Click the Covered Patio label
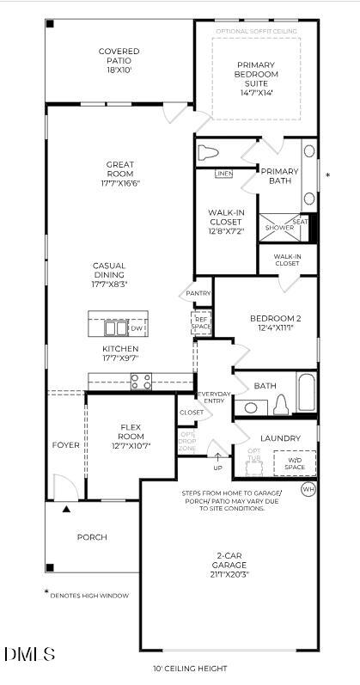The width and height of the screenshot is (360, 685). point(119,57)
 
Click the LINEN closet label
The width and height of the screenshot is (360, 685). point(223,174)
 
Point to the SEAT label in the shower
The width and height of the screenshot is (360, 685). point(300,222)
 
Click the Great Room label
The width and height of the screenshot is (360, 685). point(119,169)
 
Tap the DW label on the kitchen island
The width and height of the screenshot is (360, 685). point(137,328)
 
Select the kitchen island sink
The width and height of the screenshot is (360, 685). point(115,327)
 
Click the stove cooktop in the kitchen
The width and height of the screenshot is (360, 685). point(141,381)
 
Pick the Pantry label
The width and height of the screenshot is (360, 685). point(199,293)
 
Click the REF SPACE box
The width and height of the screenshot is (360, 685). point(201,322)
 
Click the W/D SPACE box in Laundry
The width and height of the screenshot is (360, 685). point(295,463)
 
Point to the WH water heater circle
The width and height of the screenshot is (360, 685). point(308,489)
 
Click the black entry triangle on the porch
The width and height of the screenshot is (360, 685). point(66,510)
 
